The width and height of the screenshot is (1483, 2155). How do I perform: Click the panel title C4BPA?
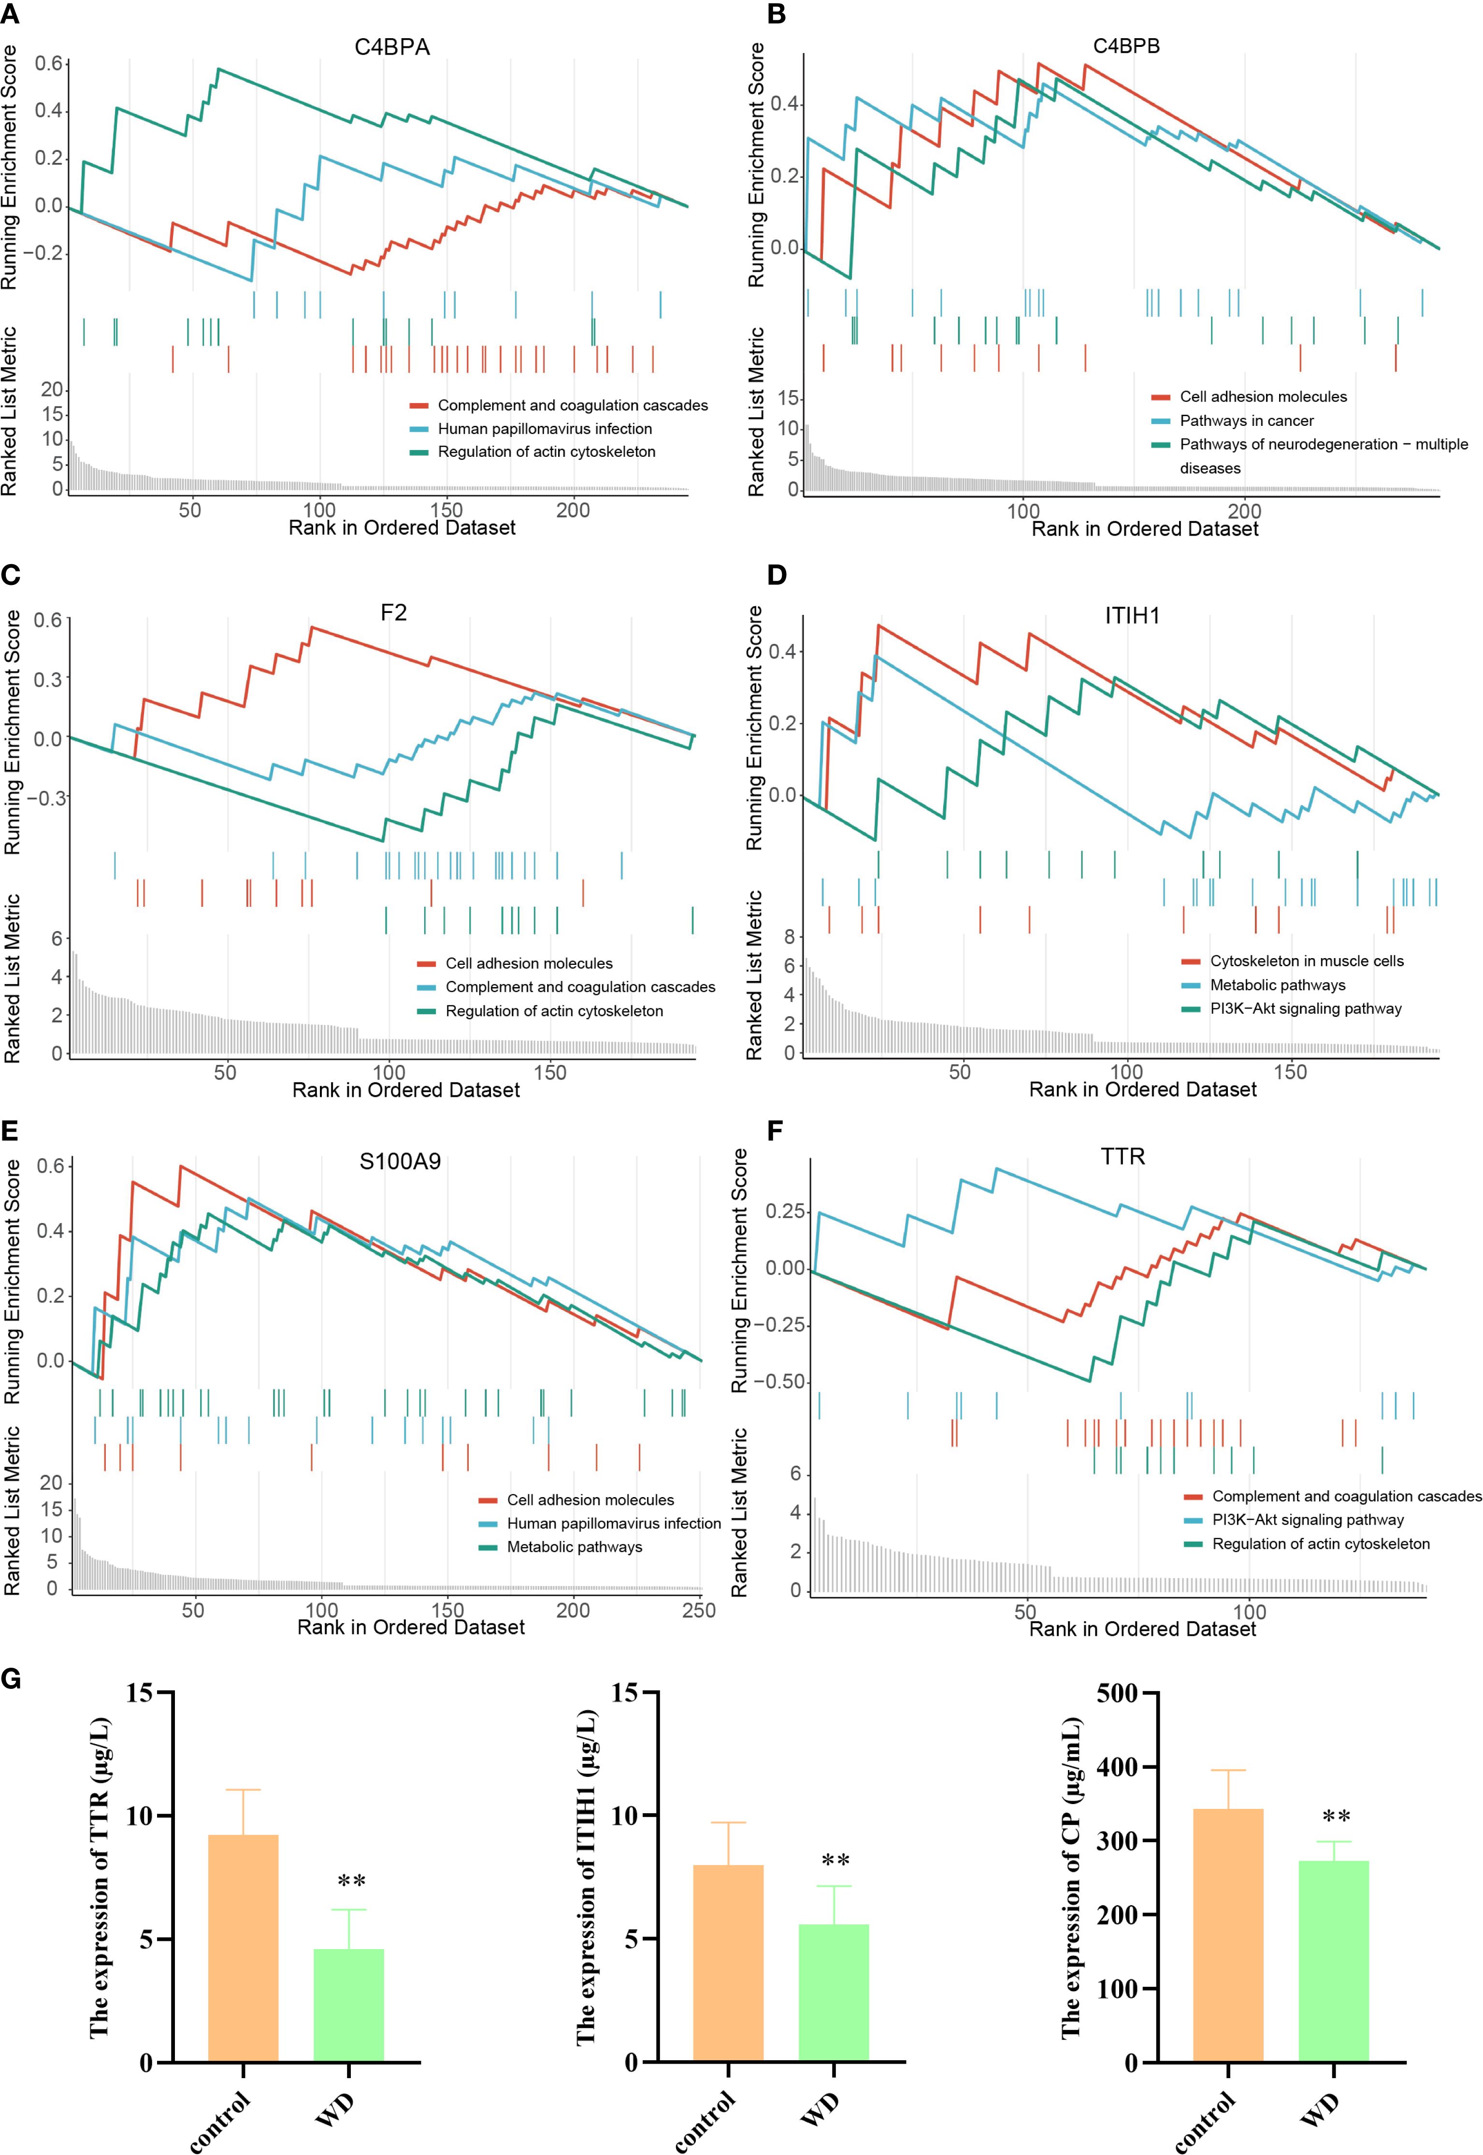[x=392, y=47]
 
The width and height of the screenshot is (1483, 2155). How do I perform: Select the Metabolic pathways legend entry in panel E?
[x=574, y=1547]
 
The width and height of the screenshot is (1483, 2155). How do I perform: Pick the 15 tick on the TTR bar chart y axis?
[x=139, y=1693]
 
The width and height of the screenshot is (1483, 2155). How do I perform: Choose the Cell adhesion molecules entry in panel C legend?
[x=529, y=964]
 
